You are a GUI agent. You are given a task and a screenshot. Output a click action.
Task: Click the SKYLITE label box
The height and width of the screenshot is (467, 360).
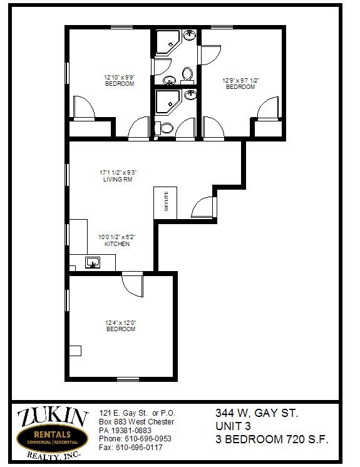tap(165, 203)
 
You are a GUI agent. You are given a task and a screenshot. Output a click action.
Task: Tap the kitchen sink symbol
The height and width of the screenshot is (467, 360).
tap(92, 262)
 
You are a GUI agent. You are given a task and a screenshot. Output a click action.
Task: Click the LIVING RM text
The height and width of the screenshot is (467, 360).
tap(118, 179)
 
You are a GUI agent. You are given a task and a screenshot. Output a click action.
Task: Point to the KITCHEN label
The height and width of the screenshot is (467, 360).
tap(117, 244)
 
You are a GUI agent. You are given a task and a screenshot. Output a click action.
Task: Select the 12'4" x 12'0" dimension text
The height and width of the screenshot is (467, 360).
tap(121, 323)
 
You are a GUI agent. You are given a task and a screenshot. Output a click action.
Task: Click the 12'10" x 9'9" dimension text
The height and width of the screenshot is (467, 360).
tap(120, 78)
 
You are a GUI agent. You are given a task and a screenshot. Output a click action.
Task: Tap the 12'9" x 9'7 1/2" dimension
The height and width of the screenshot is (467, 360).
tap(241, 80)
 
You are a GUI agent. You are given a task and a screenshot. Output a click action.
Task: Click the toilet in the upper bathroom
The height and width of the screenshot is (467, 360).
tap(187, 75)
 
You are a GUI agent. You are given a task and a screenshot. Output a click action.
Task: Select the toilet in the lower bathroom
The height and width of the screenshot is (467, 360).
tap(164, 128)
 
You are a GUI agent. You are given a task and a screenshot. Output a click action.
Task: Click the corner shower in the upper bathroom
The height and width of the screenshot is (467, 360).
tap(167, 42)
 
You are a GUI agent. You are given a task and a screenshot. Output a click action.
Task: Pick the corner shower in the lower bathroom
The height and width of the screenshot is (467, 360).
tap(167, 102)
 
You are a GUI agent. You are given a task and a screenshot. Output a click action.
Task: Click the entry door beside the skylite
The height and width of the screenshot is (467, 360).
tap(203, 208)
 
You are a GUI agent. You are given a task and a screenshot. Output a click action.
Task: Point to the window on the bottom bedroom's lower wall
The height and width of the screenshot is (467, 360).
tap(128, 379)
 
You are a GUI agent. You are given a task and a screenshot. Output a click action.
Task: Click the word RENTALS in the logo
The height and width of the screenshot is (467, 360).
tap(52, 434)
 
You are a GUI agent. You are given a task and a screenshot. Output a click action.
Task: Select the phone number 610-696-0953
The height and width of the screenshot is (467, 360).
tap(148, 439)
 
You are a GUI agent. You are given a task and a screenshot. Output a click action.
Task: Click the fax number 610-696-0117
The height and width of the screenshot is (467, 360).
tap(139, 448)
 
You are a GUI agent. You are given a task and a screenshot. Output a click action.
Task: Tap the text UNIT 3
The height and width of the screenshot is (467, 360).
tap(233, 426)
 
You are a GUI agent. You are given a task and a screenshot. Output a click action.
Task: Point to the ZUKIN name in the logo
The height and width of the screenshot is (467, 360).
tap(53, 417)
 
